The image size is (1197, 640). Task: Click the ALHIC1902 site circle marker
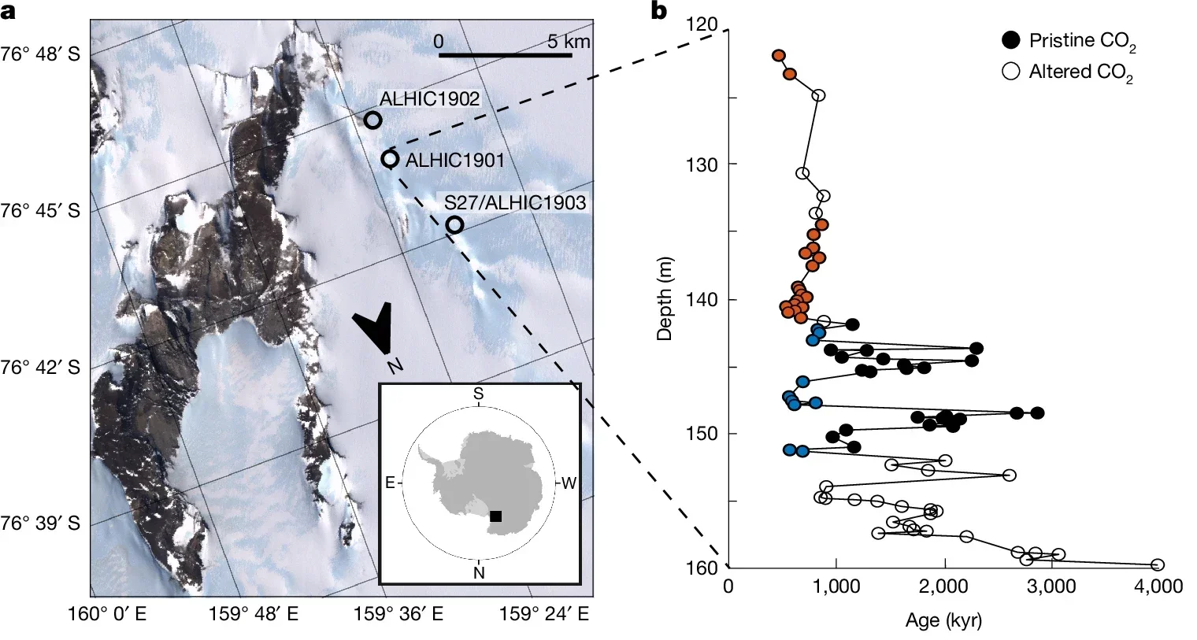click(373, 120)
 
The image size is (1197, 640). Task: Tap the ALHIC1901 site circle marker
click(390, 159)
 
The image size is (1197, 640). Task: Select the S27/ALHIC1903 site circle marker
click(454, 225)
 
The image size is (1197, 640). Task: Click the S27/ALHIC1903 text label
click(515, 203)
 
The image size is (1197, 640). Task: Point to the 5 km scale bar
click(505, 55)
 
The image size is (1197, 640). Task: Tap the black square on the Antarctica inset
click(495, 516)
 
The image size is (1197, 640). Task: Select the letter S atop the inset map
click(478, 393)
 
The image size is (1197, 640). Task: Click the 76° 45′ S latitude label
click(40, 211)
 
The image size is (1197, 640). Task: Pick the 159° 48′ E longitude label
click(254, 615)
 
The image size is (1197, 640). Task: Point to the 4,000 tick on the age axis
click(1158, 586)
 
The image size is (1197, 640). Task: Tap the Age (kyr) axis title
click(943, 620)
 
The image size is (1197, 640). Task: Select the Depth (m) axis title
click(665, 300)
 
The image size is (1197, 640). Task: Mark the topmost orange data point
click(779, 56)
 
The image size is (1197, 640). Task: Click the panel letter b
click(658, 12)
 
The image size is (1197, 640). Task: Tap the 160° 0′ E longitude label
click(108, 615)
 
